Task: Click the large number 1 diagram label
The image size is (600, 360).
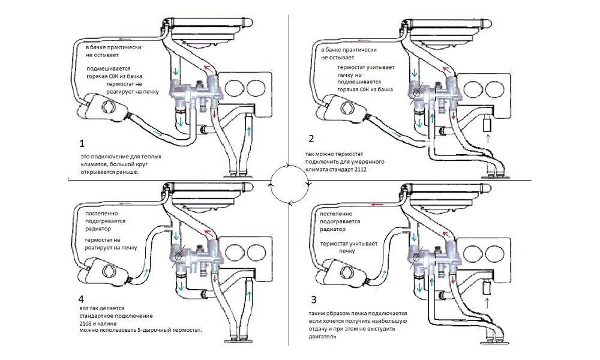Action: tap(82, 144)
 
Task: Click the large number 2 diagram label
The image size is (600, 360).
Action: tap(311, 139)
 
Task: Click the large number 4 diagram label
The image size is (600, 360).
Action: tap(81, 299)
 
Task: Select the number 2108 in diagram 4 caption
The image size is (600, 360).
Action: tap(86, 323)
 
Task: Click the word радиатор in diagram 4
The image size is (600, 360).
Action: tap(98, 229)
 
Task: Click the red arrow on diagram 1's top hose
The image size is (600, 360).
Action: tap(125, 38)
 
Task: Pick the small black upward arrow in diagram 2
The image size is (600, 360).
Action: tap(487, 140)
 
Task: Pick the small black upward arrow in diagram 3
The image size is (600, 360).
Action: tap(487, 303)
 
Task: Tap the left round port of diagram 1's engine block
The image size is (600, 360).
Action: tap(234, 88)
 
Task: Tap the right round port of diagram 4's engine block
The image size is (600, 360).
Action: tap(255, 252)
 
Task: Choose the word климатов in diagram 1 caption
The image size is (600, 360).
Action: tap(92, 164)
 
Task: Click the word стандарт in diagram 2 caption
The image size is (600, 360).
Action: tap(340, 169)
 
